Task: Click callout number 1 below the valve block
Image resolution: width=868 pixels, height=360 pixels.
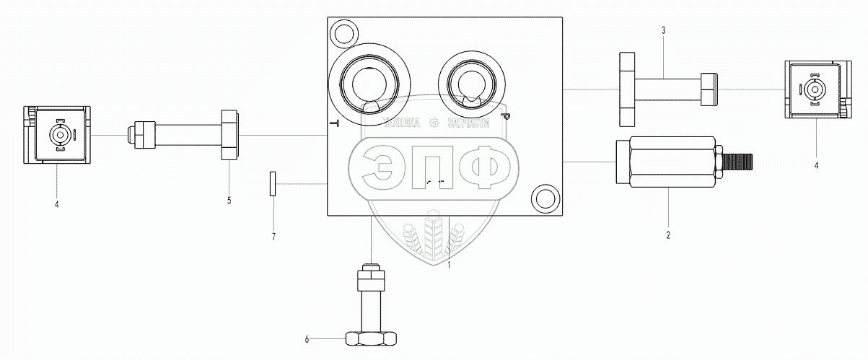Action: pyautogui.click(x=449, y=265)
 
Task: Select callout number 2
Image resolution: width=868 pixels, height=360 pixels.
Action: pyautogui.click(x=668, y=235)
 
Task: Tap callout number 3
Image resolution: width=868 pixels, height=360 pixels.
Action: pyautogui.click(x=663, y=30)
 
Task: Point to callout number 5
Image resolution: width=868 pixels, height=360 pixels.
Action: pyautogui.click(x=229, y=201)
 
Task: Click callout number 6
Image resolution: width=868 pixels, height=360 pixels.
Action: pyautogui.click(x=307, y=338)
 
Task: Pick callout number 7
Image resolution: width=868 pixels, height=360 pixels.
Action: pyautogui.click(x=273, y=236)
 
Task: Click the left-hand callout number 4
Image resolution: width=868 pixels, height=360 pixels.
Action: pyautogui.click(x=56, y=204)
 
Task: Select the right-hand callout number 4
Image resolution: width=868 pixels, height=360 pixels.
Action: pyautogui.click(x=816, y=165)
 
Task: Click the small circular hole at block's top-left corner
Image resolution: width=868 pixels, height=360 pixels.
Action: pyautogui.click(x=341, y=33)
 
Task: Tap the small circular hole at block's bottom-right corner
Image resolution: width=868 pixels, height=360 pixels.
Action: pyautogui.click(x=545, y=198)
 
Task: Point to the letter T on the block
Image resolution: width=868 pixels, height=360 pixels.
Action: pyautogui.click(x=334, y=123)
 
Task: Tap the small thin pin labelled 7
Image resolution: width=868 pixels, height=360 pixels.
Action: pyautogui.click(x=273, y=183)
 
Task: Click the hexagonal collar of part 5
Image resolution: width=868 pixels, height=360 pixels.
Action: pyautogui.click(x=229, y=135)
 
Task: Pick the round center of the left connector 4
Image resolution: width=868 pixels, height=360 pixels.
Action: pyautogui.click(x=58, y=135)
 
